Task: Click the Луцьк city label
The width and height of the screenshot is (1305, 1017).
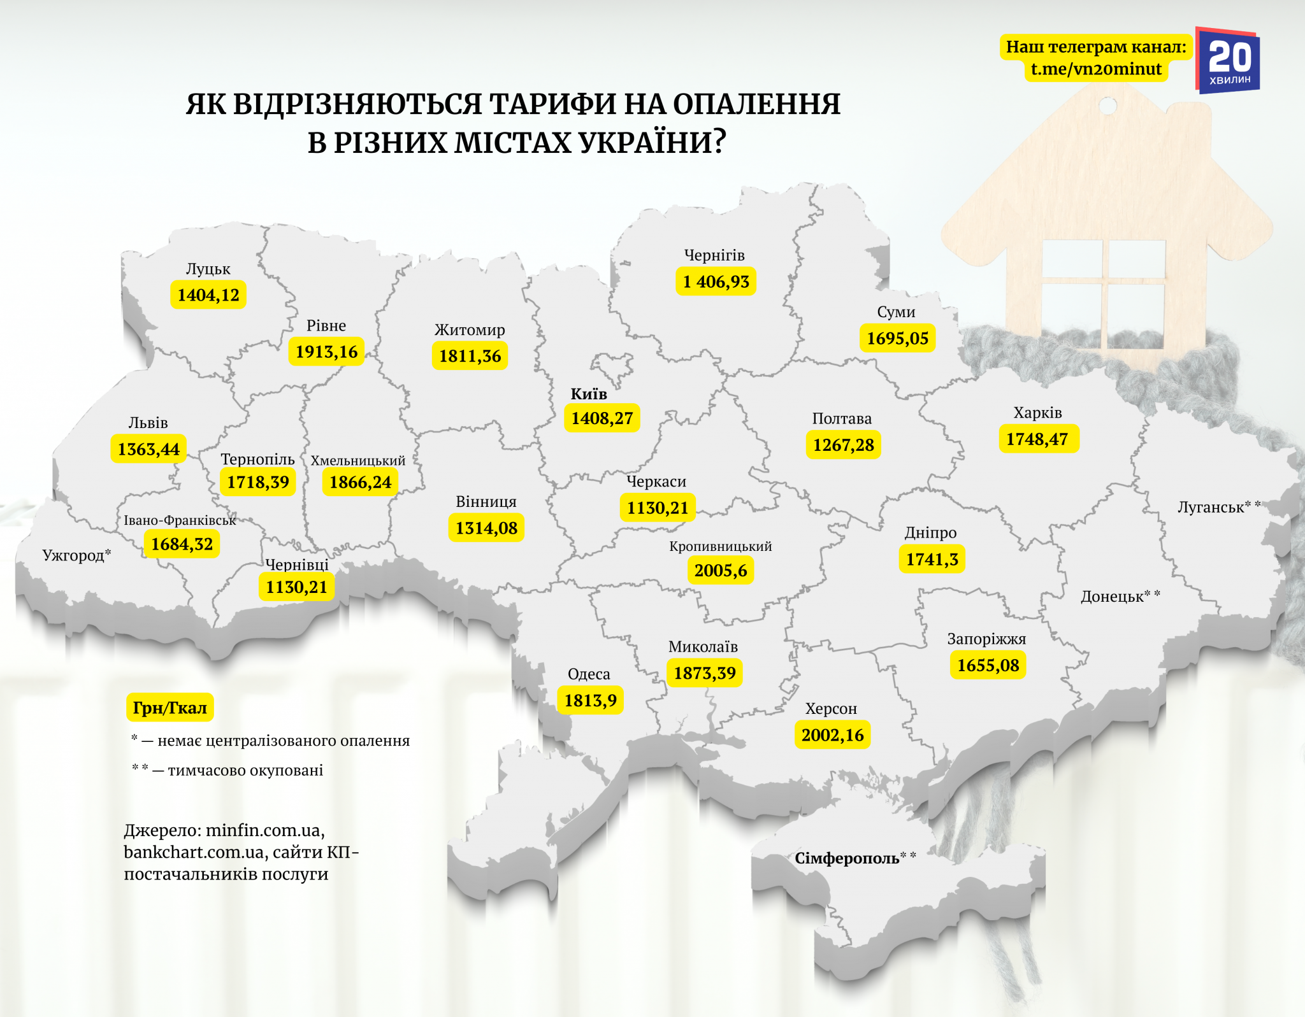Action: (x=208, y=269)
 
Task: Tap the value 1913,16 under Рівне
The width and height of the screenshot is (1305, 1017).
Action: (x=326, y=352)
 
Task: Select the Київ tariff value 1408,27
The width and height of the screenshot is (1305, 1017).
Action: (x=602, y=418)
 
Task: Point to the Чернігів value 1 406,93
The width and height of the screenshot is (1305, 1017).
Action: (x=716, y=281)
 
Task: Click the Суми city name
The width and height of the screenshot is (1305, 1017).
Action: (x=896, y=312)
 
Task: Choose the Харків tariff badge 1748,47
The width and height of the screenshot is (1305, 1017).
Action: (x=1038, y=439)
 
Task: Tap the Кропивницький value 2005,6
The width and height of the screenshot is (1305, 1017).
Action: (x=720, y=570)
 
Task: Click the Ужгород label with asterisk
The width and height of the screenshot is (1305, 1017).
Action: (x=76, y=555)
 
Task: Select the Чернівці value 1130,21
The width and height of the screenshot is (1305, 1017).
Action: (x=296, y=587)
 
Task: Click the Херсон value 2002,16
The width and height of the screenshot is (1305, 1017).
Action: (x=832, y=735)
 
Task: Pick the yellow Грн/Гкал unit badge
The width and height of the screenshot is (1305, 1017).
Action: (x=169, y=708)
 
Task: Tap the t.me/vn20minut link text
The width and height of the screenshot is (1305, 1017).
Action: (x=1096, y=69)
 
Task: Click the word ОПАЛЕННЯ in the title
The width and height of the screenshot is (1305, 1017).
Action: (x=756, y=104)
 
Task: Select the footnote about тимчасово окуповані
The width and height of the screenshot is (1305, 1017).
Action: (x=228, y=770)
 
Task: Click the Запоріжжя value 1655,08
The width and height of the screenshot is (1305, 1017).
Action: (x=988, y=665)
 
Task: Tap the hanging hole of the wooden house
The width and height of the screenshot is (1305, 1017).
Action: (x=1108, y=105)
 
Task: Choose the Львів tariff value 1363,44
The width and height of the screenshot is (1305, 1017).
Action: (x=148, y=449)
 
